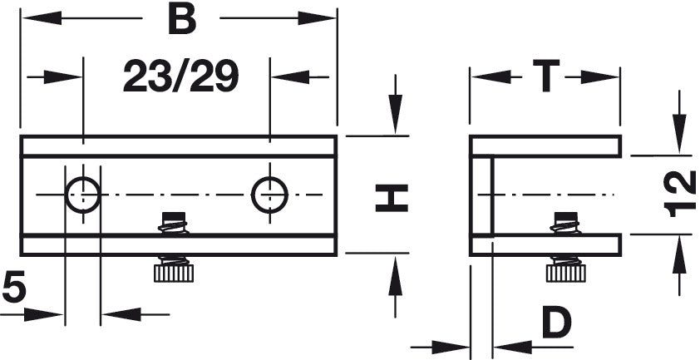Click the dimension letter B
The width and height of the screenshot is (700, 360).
[x=182, y=20]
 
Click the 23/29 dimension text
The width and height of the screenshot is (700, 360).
[x=180, y=76]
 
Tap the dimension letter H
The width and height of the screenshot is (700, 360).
[x=392, y=198]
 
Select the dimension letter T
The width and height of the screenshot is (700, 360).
[x=546, y=76]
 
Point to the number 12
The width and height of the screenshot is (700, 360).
[x=680, y=194]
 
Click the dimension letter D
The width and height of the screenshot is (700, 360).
[x=557, y=322]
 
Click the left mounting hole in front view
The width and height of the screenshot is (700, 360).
[x=82, y=195]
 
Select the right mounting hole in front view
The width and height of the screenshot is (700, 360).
[x=269, y=195]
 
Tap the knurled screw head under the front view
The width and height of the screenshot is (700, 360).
[x=174, y=274]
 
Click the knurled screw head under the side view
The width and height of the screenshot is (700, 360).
[x=565, y=274]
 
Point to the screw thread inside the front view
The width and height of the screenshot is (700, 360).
[x=174, y=223]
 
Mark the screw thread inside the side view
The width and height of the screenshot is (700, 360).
[x=565, y=223]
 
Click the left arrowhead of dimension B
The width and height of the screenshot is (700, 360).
[x=42, y=17]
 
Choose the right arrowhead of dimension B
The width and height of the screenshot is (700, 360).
[x=317, y=17]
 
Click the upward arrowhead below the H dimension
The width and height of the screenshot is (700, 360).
[x=395, y=275]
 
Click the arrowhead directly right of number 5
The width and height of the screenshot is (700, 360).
[x=43, y=314]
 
